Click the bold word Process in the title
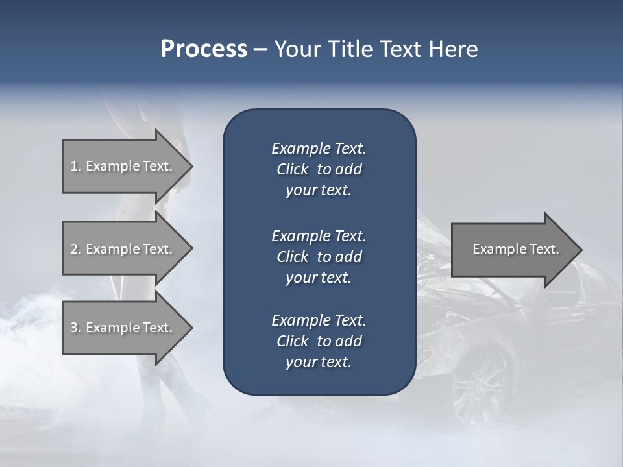click(204, 49)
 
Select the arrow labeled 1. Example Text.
click(123, 166)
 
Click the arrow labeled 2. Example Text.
click(123, 249)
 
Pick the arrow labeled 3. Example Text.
click(123, 328)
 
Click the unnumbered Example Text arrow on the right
click(513, 249)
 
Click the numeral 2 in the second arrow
click(73, 249)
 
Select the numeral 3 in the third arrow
click(73, 328)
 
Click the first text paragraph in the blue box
click(319, 169)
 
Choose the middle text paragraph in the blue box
click(319, 257)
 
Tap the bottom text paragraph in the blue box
click(319, 341)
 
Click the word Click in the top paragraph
click(292, 169)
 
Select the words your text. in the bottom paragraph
click(319, 362)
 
